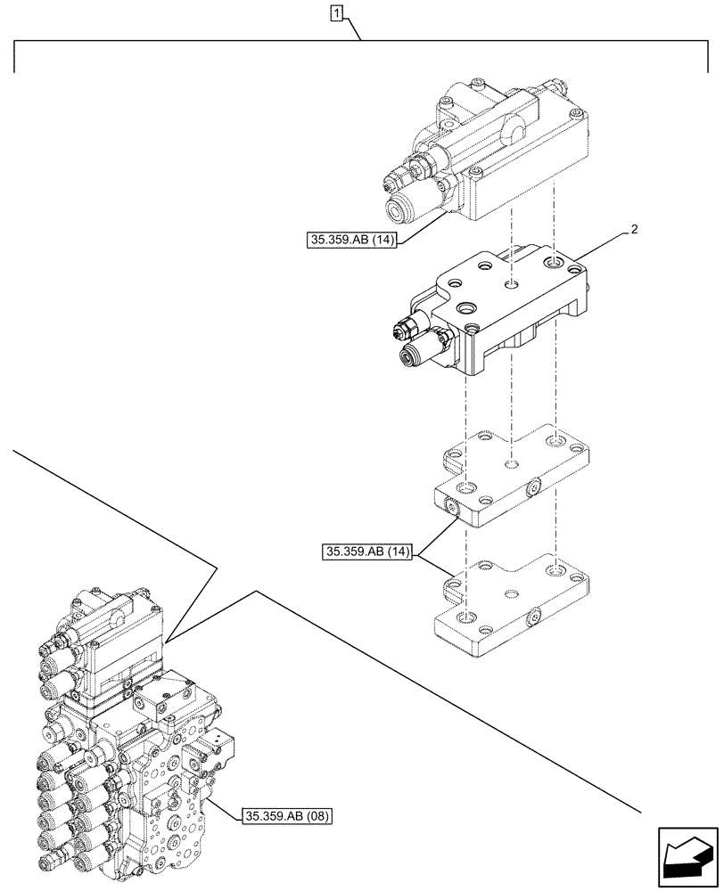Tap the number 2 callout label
coord(634,230)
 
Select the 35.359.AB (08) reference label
coord(285,815)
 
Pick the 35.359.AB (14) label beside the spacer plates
coord(366,552)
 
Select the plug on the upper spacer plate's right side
coord(534,486)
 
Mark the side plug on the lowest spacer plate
coord(532,617)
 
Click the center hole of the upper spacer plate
coord(510,464)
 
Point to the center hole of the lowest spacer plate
coord(509,592)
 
